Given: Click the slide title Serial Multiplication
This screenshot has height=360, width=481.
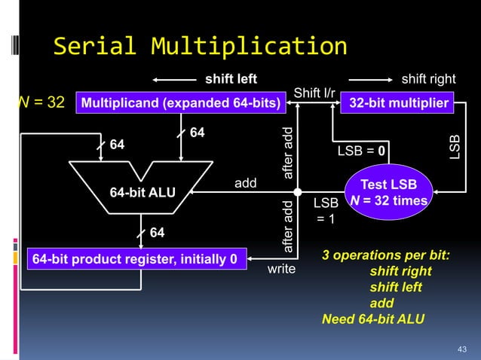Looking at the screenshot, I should pos(200,47).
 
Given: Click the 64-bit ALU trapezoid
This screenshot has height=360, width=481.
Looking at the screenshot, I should pos(142,191).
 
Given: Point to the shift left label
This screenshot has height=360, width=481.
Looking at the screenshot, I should pos(231,79).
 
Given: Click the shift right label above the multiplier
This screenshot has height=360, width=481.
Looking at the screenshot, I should pos(433,79).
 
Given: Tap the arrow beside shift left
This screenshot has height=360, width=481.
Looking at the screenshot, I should pos(174,79).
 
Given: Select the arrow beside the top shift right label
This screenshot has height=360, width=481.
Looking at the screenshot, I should pos(371,79).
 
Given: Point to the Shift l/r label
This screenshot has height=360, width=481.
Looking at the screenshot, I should pos(314,93).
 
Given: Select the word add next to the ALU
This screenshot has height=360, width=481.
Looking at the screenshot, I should pos(246,183).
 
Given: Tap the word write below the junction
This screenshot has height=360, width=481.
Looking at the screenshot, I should pos(281,269).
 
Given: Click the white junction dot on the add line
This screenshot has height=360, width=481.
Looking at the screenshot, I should pos(299,191).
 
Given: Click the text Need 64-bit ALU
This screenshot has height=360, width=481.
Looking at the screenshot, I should pos(373,319).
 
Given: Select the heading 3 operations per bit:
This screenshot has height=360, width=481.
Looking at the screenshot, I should pos(386,255).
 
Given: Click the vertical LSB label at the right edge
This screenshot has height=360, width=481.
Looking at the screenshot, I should pos(454,148).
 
